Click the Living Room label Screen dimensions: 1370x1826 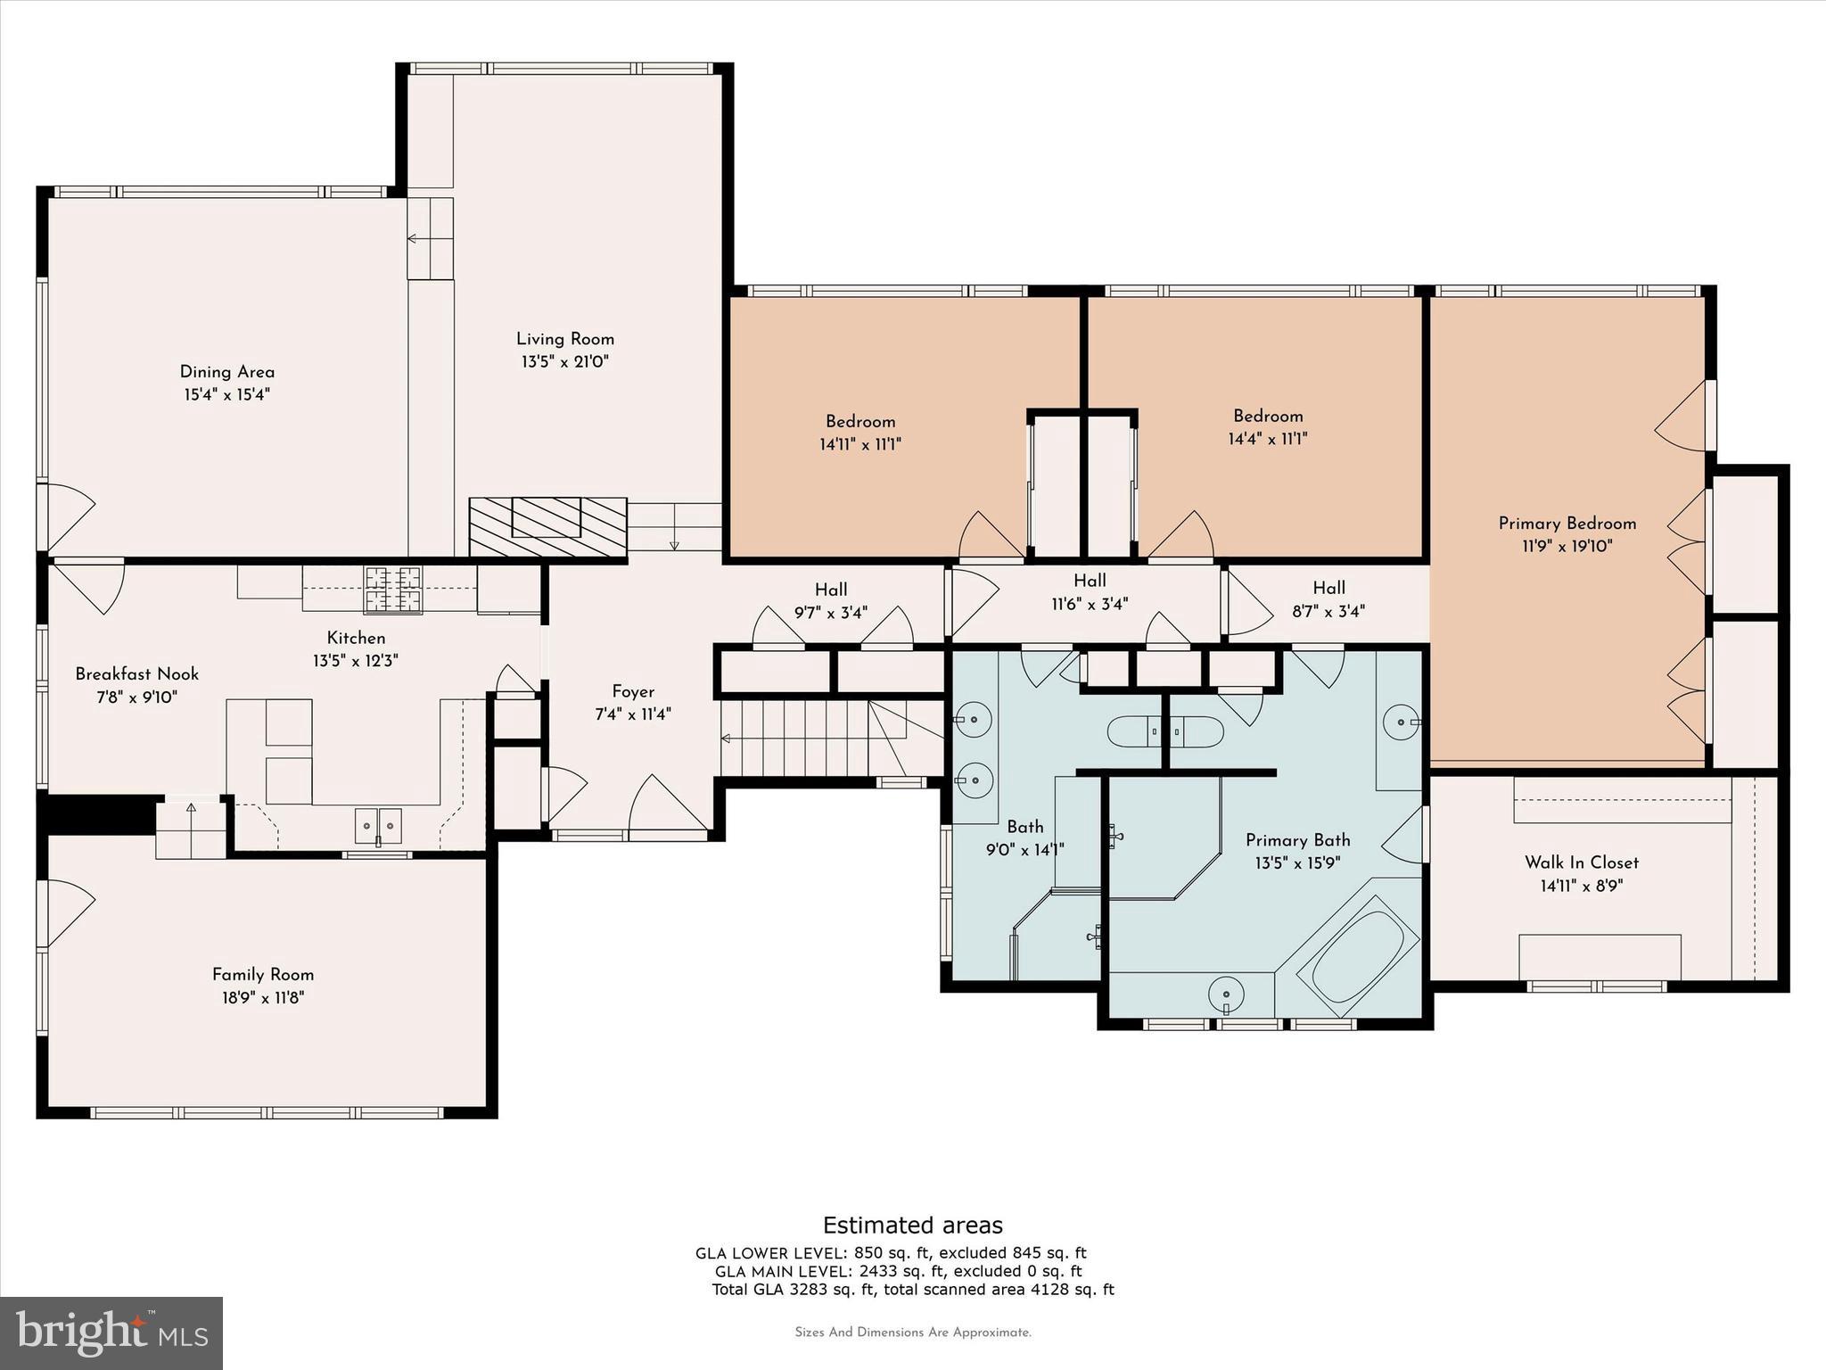(565, 339)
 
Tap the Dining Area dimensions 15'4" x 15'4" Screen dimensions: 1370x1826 (226, 394)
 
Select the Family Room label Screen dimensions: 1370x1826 (263, 975)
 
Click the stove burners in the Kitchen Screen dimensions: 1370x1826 (392, 590)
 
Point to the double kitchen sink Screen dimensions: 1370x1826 (378, 825)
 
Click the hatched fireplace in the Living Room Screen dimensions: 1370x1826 (547, 527)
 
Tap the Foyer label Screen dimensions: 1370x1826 (633, 691)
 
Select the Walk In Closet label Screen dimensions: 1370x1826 (1582, 862)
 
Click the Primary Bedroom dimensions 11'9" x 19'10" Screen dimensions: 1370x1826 (1567, 546)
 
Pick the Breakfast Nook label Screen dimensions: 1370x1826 (136, 674)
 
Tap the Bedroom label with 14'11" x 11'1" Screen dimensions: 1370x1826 (860, 422)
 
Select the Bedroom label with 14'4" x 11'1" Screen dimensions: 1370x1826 (1268, 417)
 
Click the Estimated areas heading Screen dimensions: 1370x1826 (912, 1225)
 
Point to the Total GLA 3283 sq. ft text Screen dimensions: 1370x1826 (912, 1289)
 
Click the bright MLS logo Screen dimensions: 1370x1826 (111, 1333)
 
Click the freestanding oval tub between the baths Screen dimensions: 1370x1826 (1164, 731)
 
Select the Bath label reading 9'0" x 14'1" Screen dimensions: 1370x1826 (1024, 827)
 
